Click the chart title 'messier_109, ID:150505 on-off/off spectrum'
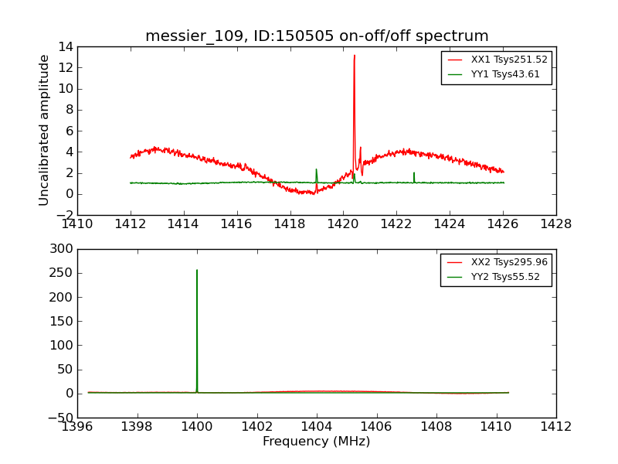[317, 36]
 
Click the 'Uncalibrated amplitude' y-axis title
[45, 130]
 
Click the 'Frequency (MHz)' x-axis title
[317, 442]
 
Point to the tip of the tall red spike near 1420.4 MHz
[355, 56]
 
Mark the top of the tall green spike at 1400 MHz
[197, 270]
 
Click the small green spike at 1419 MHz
[316, 170]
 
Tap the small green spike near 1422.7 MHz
[414, 173]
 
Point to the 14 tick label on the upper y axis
[65, 46]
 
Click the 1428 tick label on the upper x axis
[555, 224]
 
